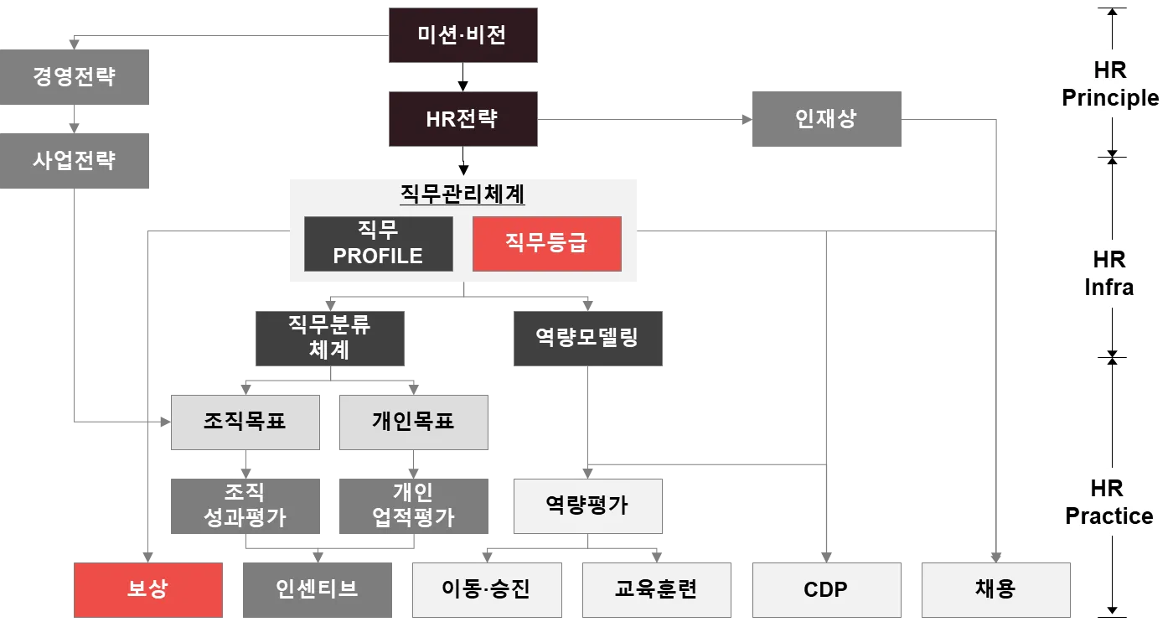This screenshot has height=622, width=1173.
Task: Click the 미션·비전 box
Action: click(x=462, y=35)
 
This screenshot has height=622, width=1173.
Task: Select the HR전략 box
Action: click(x=462, y=118)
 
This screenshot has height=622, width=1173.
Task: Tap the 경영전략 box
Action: click(x=75, y=76)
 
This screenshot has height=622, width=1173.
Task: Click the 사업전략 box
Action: click(x=75, y=160)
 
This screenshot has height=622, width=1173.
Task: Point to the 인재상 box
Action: click(x=826, y=117)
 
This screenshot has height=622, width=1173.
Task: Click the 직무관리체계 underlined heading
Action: click(x=462, y=194)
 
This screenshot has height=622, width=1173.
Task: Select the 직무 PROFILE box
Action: click(x=378, y=243)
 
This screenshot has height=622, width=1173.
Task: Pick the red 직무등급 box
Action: click(x=546, y=243)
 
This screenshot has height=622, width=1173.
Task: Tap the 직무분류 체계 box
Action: click(x=330, y=337)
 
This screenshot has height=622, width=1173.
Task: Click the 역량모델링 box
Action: click(x=586, y=337)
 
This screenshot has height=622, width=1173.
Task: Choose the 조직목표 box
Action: click(x=245, y=421)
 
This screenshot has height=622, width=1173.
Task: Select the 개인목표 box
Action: click(x=412, y=421)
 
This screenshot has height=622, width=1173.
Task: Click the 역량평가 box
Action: click(x=586, y=505)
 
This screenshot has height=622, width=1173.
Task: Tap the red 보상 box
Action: click(x=148, y=588)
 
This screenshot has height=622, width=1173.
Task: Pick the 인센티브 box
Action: click(x=317, y=588)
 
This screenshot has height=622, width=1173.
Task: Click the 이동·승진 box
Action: click(x=485, y=588)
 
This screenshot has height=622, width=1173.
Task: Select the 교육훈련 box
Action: click(x=653, y=588)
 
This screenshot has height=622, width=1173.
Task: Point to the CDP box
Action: click(x=826, y=588)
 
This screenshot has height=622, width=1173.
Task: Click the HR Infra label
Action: click(x=1108, y=273)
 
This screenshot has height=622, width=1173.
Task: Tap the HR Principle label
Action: click(x=1109, y=84)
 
